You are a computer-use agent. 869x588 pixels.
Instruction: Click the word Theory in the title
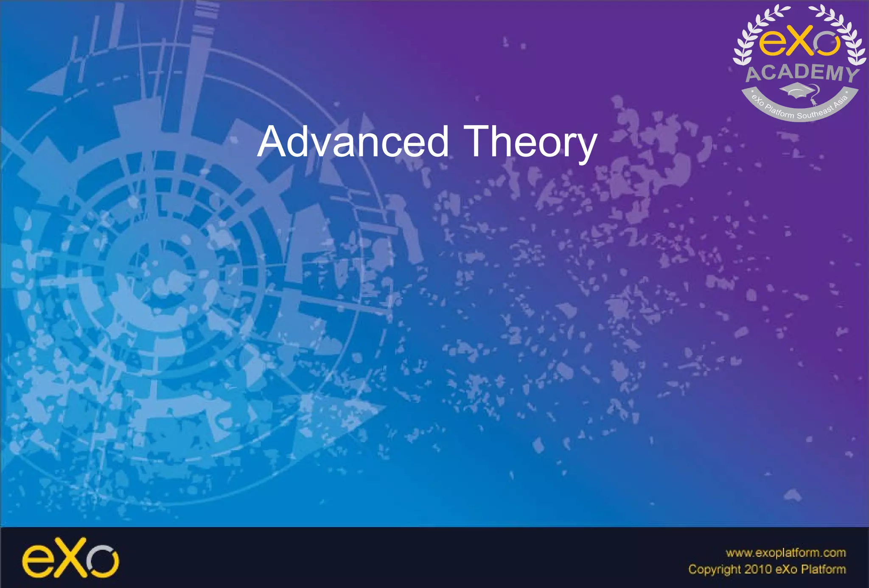530,142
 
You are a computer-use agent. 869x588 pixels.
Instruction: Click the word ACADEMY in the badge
802,73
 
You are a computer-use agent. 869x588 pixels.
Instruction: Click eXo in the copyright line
786,569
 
